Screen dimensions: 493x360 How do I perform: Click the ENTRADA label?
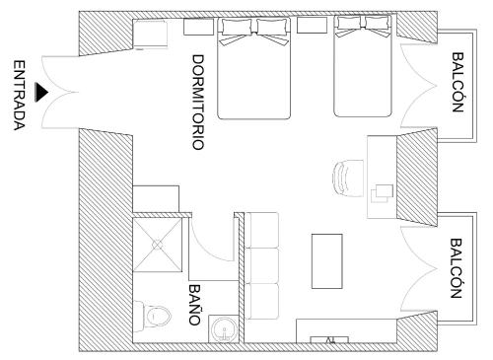tap(20, 96)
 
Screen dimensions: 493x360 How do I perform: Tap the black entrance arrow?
tap(41, 92)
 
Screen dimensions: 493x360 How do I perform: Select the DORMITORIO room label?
tap(198, 103)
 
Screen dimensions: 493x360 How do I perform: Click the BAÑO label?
tap(195, 305)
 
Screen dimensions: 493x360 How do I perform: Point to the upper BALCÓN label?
tap(458, 83)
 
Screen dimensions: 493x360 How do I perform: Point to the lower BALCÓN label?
tap(456, 268)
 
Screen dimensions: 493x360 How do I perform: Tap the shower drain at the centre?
tap(157, 246)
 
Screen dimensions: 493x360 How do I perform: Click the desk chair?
tap(348, 178)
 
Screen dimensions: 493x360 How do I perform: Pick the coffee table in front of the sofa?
tap(327, 261)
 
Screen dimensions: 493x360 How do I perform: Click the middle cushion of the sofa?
tap(262, 265)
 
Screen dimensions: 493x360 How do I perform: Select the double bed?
tap(254, 68)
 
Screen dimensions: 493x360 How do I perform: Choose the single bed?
tap(363, 66)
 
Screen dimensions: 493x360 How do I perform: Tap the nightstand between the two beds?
tap(312, 25)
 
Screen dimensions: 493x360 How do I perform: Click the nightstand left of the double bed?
tap(198, 27)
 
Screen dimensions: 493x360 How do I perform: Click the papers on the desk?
tap(383, 193)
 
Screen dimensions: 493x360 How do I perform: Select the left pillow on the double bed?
tap(237, 27)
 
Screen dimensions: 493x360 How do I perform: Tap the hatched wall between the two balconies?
tap(417, 178)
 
